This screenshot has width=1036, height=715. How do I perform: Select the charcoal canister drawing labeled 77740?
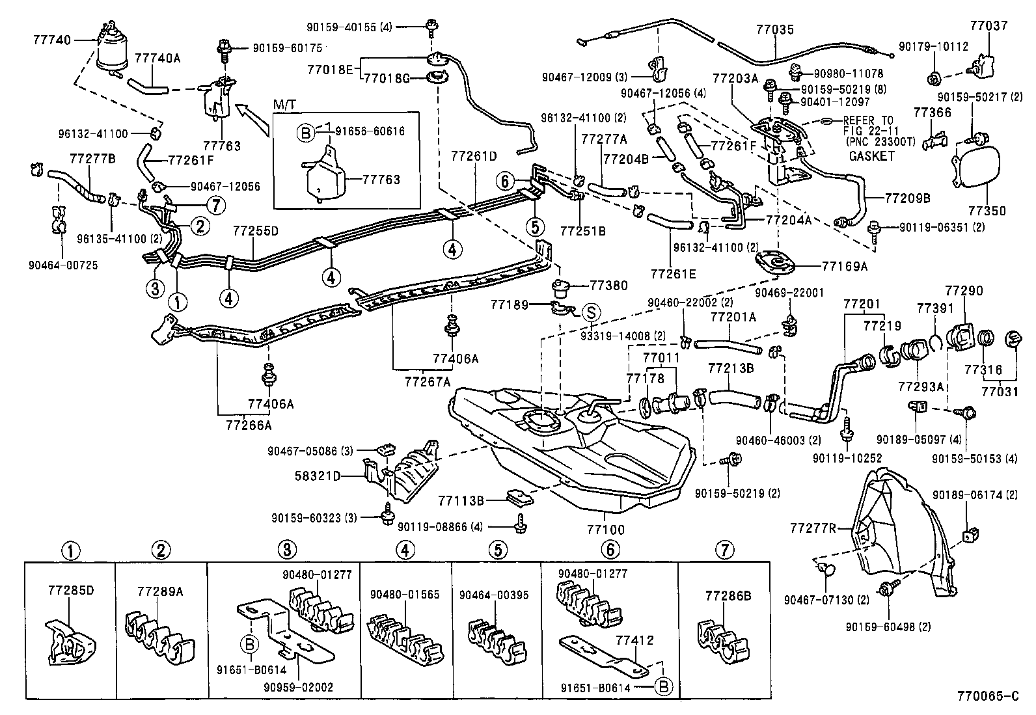(113, 46)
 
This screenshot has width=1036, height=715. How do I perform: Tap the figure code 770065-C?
(987, 696)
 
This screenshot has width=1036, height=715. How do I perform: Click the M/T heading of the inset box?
(283, 105)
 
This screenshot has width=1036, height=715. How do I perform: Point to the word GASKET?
(871, 156)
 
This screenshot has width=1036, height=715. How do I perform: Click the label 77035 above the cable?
(774, 29)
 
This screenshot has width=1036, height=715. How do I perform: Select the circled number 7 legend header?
(724, 550)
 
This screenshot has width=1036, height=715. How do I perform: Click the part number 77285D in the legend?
(71, 591)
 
